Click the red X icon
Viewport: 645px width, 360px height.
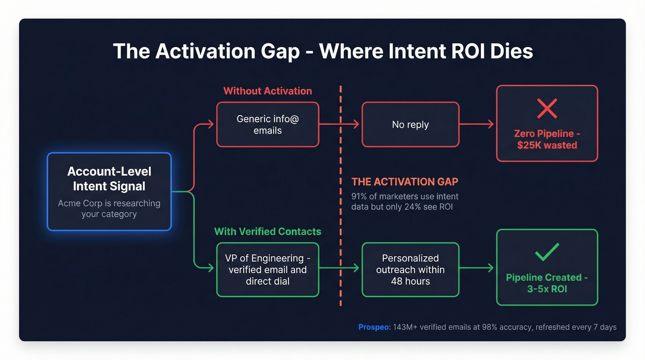547,108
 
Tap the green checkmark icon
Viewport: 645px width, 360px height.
547,252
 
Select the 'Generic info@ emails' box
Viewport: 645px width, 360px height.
268,124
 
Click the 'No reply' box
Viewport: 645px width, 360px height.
410,124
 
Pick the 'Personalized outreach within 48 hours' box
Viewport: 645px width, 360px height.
410,270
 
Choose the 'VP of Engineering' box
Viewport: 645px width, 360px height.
268,270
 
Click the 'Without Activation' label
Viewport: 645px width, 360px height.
268,91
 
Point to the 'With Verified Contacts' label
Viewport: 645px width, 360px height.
268,231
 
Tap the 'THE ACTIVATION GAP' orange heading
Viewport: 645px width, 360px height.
405,182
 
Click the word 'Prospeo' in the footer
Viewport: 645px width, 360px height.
374,327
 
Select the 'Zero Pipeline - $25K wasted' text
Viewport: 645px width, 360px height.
547,139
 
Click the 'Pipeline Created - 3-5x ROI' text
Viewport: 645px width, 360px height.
547,283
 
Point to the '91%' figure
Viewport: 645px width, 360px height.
361,197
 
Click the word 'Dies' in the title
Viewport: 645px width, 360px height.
510,51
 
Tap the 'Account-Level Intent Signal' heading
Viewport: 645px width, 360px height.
109,179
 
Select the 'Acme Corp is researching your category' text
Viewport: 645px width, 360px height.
109,208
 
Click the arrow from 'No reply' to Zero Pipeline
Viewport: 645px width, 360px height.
477,124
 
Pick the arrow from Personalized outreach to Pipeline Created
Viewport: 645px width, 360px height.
477,268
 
